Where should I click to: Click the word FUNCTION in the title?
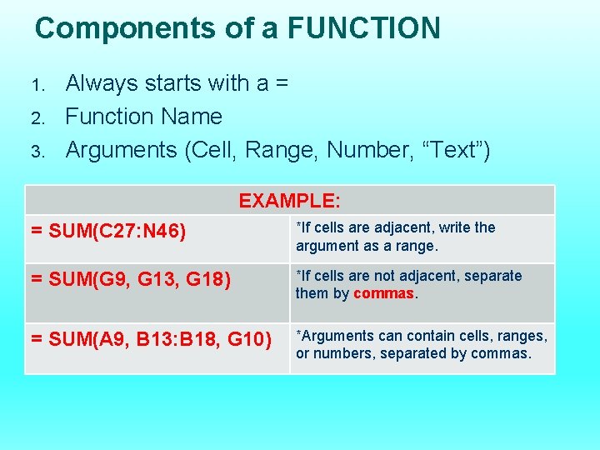363,28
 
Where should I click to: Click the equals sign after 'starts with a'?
282,83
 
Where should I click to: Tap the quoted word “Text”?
450,150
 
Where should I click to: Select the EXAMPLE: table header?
289,201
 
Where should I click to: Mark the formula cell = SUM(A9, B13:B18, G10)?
151,340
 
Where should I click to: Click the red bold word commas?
384,293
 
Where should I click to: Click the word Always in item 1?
103,83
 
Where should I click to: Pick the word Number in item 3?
363,150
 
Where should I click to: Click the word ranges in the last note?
522,336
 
